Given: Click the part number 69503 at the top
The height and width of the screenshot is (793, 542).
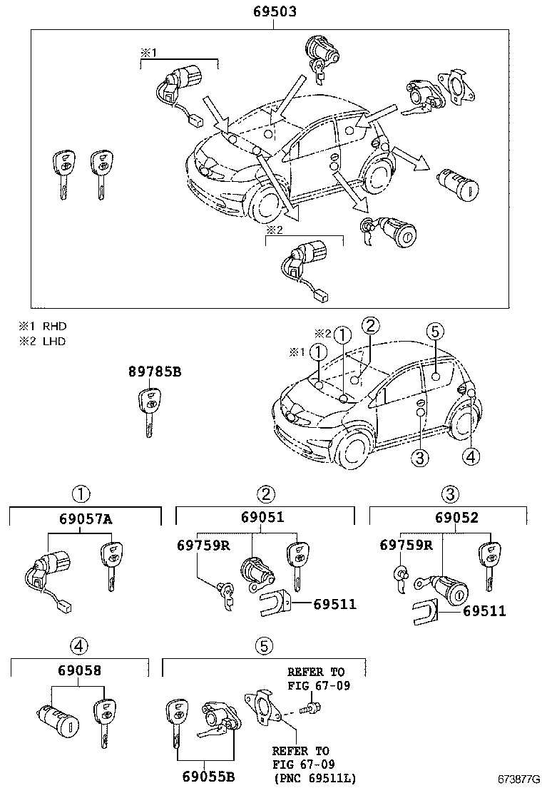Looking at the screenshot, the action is pyautogui.click(x=275, y=11).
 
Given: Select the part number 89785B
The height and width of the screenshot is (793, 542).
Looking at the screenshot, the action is pyautogui.click(x=154, y=372).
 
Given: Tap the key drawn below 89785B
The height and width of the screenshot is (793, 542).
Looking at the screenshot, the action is pyautogui.click(x=149, y=412).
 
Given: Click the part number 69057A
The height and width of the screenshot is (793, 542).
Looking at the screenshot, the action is pyautogui.click(x=86, y=519).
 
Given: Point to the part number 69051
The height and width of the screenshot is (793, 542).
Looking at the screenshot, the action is pyautogui.click(x=262, y=517).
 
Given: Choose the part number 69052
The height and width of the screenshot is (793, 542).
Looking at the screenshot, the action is pyautogui.click(x=456, y=517).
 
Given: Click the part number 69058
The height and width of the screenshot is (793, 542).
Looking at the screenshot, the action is pyautogui.click(x=79, y=670).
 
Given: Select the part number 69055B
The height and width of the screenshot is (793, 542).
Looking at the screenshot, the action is pyautogui.click(x=208, y=777).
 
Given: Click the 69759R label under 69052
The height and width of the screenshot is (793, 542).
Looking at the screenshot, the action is pyautogui.click(x=406, y=545).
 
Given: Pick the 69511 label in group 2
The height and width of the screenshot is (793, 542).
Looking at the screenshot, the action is pyautogui.click(x=334, y=604).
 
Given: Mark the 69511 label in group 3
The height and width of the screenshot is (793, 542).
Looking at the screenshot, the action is pyautogui.click(x=484, y=611).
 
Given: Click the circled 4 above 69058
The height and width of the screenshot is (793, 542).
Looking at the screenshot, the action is pyautogui.click(x=79, y=645).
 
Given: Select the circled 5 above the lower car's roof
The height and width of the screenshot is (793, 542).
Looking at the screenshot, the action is pyautogui.click(x=435, y=332).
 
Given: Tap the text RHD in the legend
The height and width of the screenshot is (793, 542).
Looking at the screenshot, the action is pyautogui.click(x=55, y=326).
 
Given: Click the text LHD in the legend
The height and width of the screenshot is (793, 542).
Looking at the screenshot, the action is pyautogui.click(x=54, y=342).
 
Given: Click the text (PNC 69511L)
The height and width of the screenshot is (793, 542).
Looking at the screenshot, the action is pyautogui.click(x=315, y=777).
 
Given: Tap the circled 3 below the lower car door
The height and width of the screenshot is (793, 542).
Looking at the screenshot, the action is pyautogui.click(x=419, y=458).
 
